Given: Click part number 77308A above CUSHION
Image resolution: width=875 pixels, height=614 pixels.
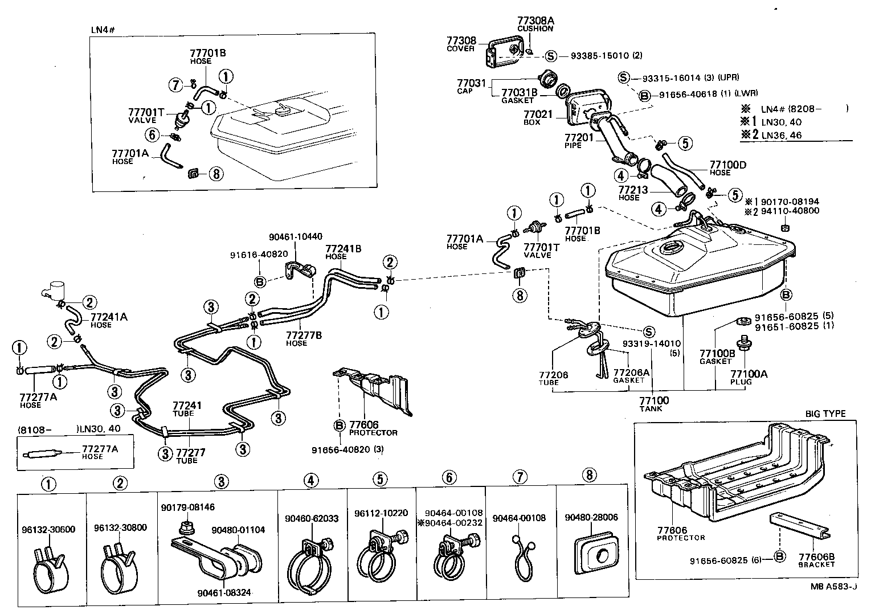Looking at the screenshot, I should click(x=535, y=21).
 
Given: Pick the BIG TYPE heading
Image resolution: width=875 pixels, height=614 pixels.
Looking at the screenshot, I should click(x=825, y=414).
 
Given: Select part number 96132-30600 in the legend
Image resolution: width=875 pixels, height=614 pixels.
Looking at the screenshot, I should click(x=52, y=528).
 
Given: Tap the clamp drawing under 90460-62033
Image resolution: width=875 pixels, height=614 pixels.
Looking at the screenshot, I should click(x=310, y=564).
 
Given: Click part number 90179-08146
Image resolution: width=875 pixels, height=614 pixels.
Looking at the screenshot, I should click(x=187, y=507).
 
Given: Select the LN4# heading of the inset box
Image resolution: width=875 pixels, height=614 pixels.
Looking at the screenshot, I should click(x=103, y=30).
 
